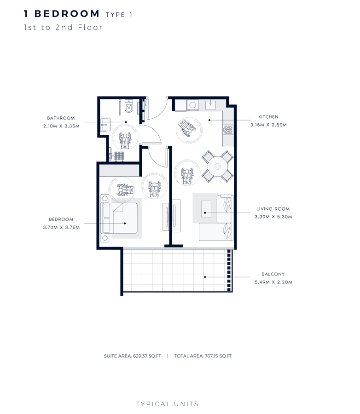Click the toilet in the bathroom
(x=129, y=108)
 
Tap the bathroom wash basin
(x=105, y=123)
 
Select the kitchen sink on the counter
(x=210, y=105)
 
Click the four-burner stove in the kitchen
(x=227, y=130)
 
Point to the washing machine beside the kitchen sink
(x=192, y=105)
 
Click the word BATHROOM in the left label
(x=61, y=118)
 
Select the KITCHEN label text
(x=268, y=117)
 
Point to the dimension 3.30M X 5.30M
(x=273, y=217)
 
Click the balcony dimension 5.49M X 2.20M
(x=273, y=282)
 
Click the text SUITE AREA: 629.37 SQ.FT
(x=133, y=356)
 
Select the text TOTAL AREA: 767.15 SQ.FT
(x=203, y=356)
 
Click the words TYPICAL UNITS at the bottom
(x=167, y=404)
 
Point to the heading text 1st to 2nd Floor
(x=63, y=27)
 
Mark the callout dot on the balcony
(x=205, y=277)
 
